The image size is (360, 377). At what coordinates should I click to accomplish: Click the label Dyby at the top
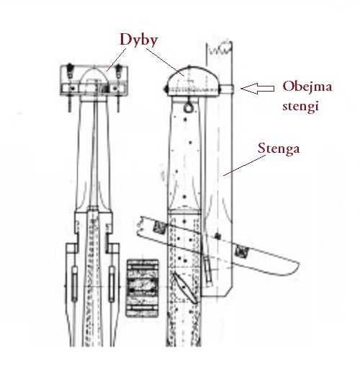click(x=138, y=40)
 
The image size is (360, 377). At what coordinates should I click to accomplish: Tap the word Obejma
click(x=307, y=86)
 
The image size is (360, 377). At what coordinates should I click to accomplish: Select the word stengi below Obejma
click(x=300, y=105)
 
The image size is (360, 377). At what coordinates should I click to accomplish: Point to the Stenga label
click(x=279, y=148)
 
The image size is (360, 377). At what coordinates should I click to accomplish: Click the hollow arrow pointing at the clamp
click(x=257, y=88)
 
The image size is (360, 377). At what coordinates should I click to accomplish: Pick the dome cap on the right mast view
click(x=193, y=81)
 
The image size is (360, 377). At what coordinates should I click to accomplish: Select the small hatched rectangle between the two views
click(x=143, y=288)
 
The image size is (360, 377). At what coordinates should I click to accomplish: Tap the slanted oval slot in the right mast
click(x=185, y=288)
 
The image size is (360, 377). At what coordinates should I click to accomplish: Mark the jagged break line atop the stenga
click(x=220, y=48)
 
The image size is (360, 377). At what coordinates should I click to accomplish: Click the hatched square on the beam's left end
click(x=160, y=227)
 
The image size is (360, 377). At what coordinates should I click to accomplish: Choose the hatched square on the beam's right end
click(x=241, y=252)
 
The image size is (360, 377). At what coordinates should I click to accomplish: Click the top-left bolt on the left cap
click(x=70, y=70)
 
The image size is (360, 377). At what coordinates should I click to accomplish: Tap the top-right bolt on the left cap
click(x=118, y=71)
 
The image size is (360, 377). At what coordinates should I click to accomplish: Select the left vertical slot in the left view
click(x=74, y=284)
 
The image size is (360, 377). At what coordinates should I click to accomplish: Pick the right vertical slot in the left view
click(x=112, y=284)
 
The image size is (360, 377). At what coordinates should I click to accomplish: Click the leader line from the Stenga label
click(x=244, y=165)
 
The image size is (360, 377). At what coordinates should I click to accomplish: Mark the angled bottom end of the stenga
click(x=217, y=293)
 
